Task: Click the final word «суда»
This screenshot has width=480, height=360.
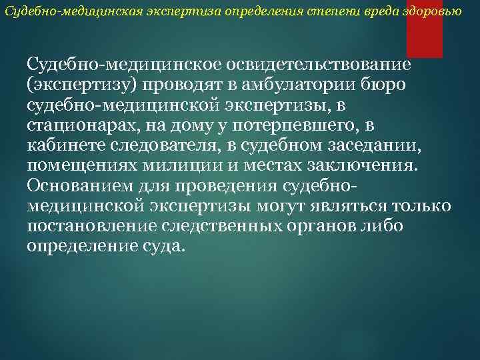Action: pyautogui.click(x=163, y=246)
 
